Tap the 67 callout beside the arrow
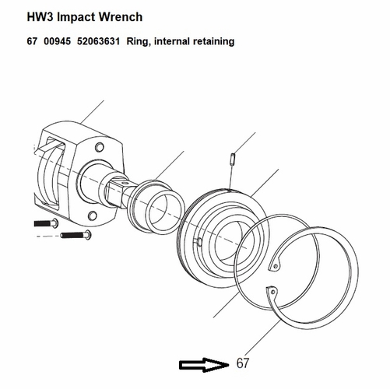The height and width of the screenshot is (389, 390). [243, 363]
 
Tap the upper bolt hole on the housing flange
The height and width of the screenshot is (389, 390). [98, 146]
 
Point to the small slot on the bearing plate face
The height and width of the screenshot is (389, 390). [200, 242]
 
